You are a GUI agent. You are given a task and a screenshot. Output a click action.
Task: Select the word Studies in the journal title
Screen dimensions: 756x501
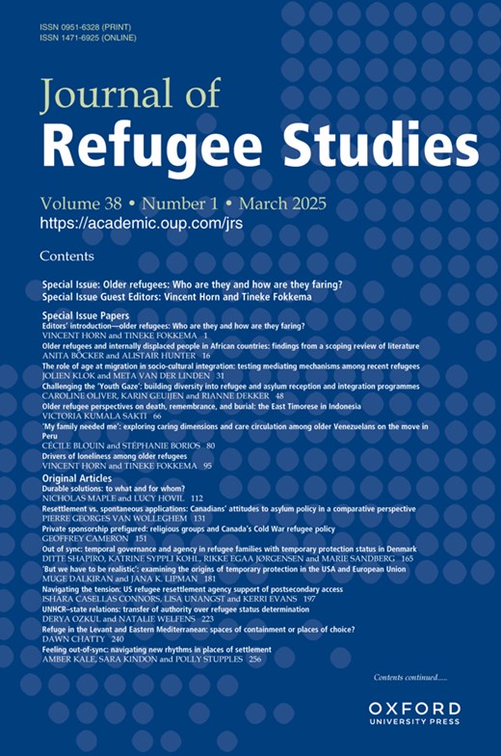pyautogui.click(x=385, y=147)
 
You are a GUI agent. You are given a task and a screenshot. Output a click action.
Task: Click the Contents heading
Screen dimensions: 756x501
pyautogui.click(x=66, y=256)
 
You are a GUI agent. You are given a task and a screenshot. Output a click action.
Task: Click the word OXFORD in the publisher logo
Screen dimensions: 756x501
pyautogui.click(x=414, y=709)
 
